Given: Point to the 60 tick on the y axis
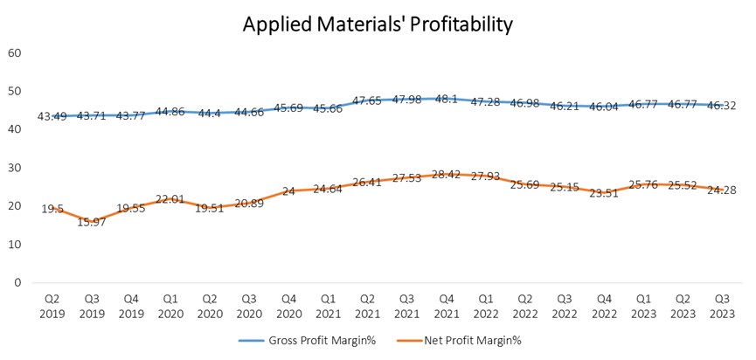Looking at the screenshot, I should [15, 52].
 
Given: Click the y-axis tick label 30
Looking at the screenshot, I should [15, 168].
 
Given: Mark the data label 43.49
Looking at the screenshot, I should [53, 116].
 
